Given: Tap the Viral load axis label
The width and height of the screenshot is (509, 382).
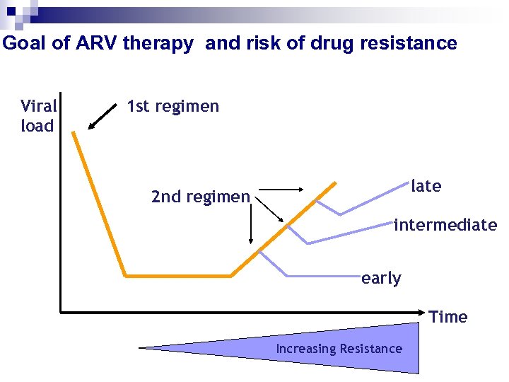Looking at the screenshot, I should (38, 116).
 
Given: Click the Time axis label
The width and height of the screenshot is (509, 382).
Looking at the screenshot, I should (448, 317).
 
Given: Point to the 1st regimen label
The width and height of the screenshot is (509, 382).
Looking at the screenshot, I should (172, 107).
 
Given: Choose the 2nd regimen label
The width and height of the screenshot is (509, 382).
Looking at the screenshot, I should (200, 197).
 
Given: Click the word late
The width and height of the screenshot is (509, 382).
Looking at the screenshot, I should (426, 186).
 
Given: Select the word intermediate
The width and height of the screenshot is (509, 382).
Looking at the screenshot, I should (445, 225).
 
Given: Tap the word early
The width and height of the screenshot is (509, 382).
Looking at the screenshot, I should (381, 278).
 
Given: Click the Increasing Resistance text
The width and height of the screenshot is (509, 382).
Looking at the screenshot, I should (339, 349).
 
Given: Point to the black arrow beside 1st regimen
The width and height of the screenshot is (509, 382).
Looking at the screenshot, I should (103, 117).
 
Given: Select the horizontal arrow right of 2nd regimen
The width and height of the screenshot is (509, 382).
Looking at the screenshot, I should (283, 190).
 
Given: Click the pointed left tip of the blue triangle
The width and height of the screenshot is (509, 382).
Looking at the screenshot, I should (143, 347).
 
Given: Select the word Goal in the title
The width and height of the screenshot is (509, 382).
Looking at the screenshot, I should (26, 43).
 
